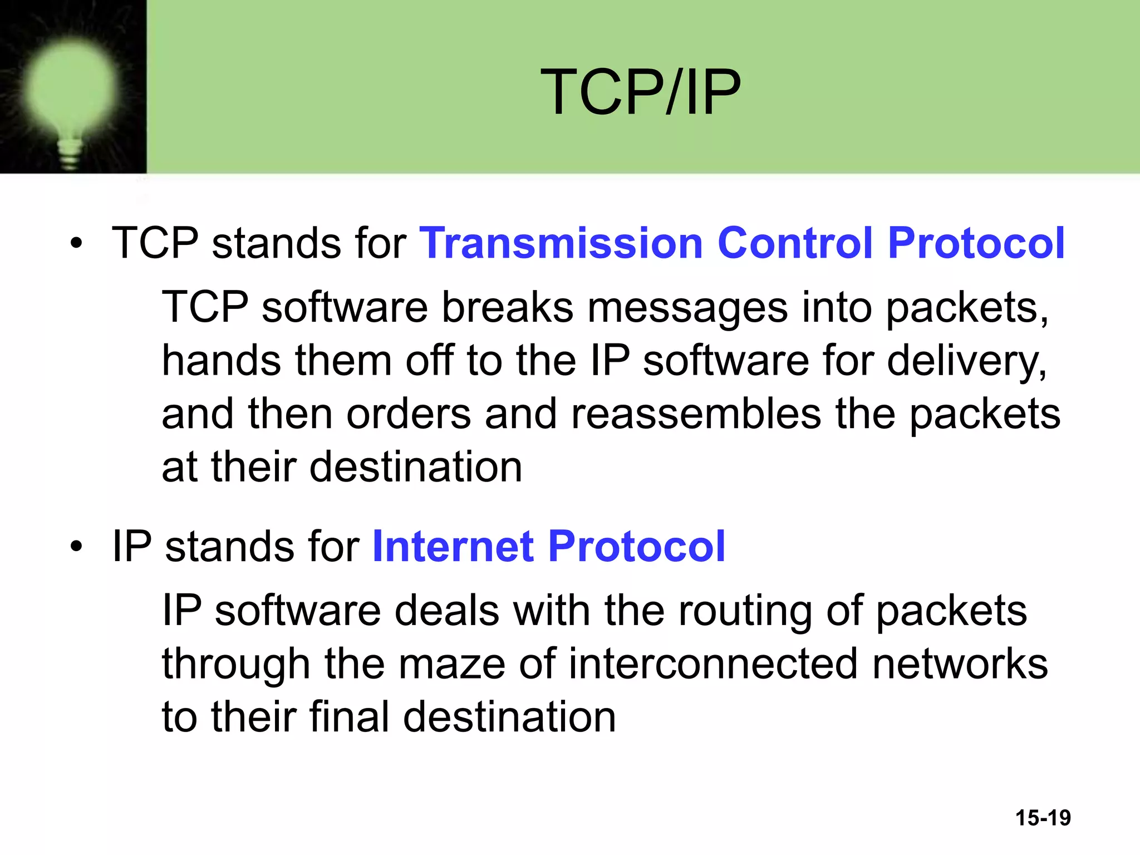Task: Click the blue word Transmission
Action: click(x=561, y=243)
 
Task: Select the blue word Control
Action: click(x=795, y=243)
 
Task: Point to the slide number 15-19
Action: click(x=1043, y=818)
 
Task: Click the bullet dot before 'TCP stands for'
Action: click(x=76, y=244)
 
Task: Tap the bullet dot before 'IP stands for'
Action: click(x=76, y=547)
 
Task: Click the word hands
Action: click(x=221, y=361)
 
